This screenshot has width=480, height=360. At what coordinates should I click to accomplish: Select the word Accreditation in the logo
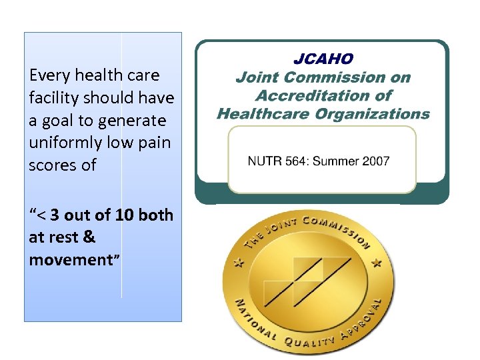323,95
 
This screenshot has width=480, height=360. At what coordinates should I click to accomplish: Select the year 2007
375,161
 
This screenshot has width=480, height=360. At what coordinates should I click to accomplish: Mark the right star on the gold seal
378,264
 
